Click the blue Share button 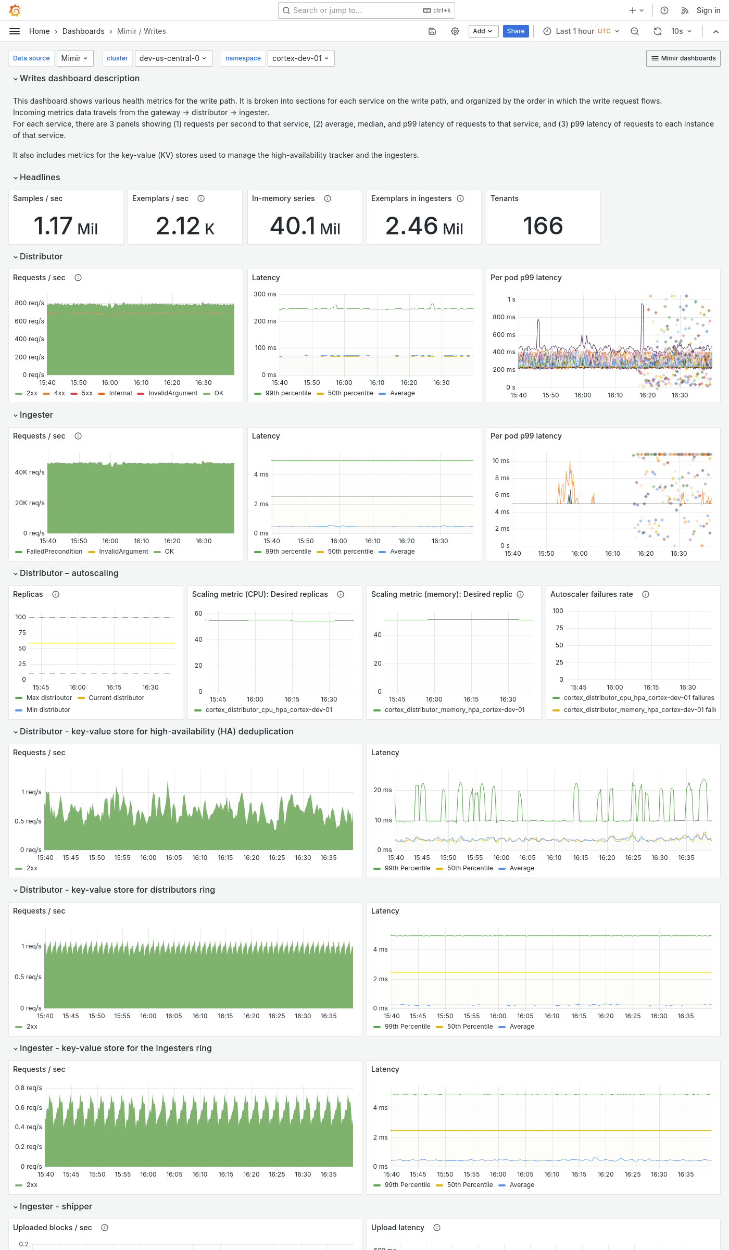coord(516,31)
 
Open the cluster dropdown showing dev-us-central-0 coord(172,58)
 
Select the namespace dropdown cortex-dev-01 coord(300,58)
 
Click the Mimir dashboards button coord(683,58)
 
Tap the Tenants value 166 coord(543,226)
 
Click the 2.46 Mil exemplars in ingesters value coord(424,226)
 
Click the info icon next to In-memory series coord(328,198)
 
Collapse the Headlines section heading coord(40,177)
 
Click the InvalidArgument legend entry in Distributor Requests coord(173,393)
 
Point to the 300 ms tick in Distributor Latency coord(265,294)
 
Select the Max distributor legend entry coord(49,698)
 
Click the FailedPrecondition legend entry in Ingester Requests coord(54,552)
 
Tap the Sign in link coord(708,10)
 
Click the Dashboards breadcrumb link coord(83,31)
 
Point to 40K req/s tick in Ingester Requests coord(30,472)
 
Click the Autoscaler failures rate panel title coord(592,594)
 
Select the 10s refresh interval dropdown coord(681,31)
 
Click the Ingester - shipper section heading coord(56,1206)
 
